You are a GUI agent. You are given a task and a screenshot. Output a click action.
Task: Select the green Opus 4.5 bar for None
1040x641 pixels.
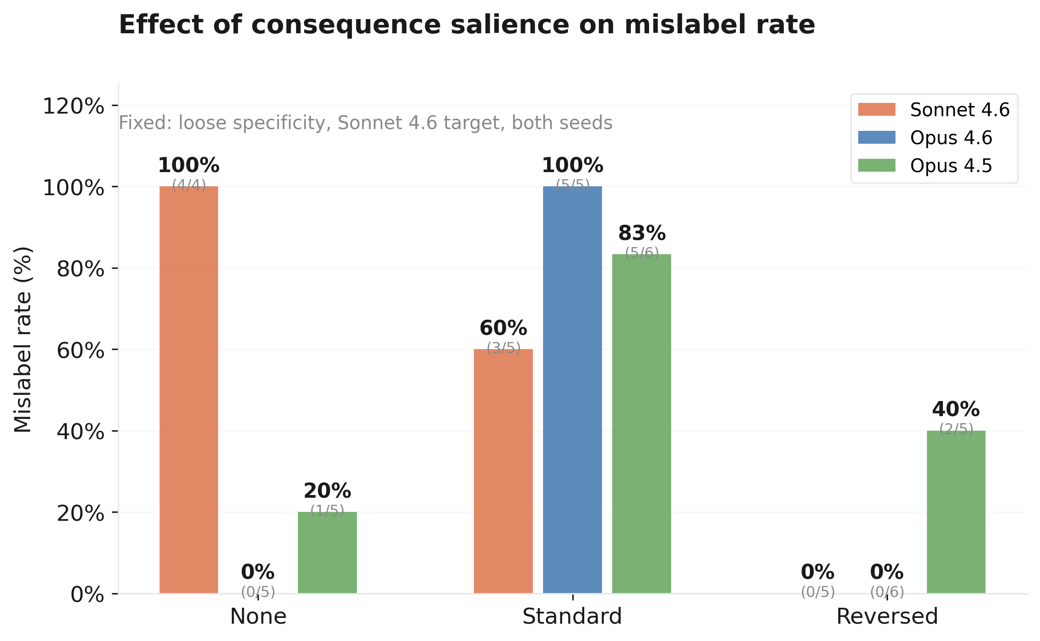pos(327,552)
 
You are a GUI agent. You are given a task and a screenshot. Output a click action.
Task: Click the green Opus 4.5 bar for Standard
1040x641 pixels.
pos(641,424)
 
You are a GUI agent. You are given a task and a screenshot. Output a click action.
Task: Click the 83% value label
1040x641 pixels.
pos(641,233)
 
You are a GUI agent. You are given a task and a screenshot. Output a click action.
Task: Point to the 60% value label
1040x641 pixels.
pos(503,329)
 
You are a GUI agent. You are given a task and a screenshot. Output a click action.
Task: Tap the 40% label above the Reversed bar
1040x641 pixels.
pos(956,410)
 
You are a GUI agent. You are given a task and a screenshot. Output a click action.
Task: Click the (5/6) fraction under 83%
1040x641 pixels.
pos(641,253)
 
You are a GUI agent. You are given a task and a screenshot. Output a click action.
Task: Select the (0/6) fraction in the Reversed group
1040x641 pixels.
pos(887,592)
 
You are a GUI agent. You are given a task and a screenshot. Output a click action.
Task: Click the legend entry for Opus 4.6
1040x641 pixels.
pos(950,138)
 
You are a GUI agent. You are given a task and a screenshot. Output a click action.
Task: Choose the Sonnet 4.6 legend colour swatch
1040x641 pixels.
pos(876,110)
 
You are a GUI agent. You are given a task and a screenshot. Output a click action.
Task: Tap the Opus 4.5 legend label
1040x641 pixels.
pos(950,166)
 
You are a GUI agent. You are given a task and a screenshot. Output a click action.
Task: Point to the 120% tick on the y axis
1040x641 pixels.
pos(73,106)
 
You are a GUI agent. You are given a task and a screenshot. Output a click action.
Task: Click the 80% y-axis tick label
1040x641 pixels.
pos(80,269)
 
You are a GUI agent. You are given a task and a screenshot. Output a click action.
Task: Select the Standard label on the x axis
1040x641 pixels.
pos(572,617)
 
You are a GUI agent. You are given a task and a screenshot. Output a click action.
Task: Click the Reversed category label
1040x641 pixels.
pos(887,617)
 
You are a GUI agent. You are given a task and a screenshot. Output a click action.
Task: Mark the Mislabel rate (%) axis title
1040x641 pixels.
pos(23,339)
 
